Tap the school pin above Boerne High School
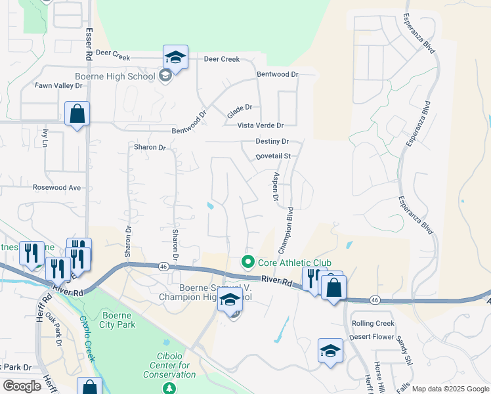tap(176, 58)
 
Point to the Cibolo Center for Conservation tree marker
tap(169, 387)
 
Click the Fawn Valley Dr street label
tap(58, 85)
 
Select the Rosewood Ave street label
tap(56, 187)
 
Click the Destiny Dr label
tap(272, 141)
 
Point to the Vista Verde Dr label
tap(261, 125)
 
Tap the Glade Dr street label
tap(240, 108)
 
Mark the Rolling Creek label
tap(373, 323)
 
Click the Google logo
tap(22, 386)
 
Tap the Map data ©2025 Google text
tap(450, 389)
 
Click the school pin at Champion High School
tap(230, 303)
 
